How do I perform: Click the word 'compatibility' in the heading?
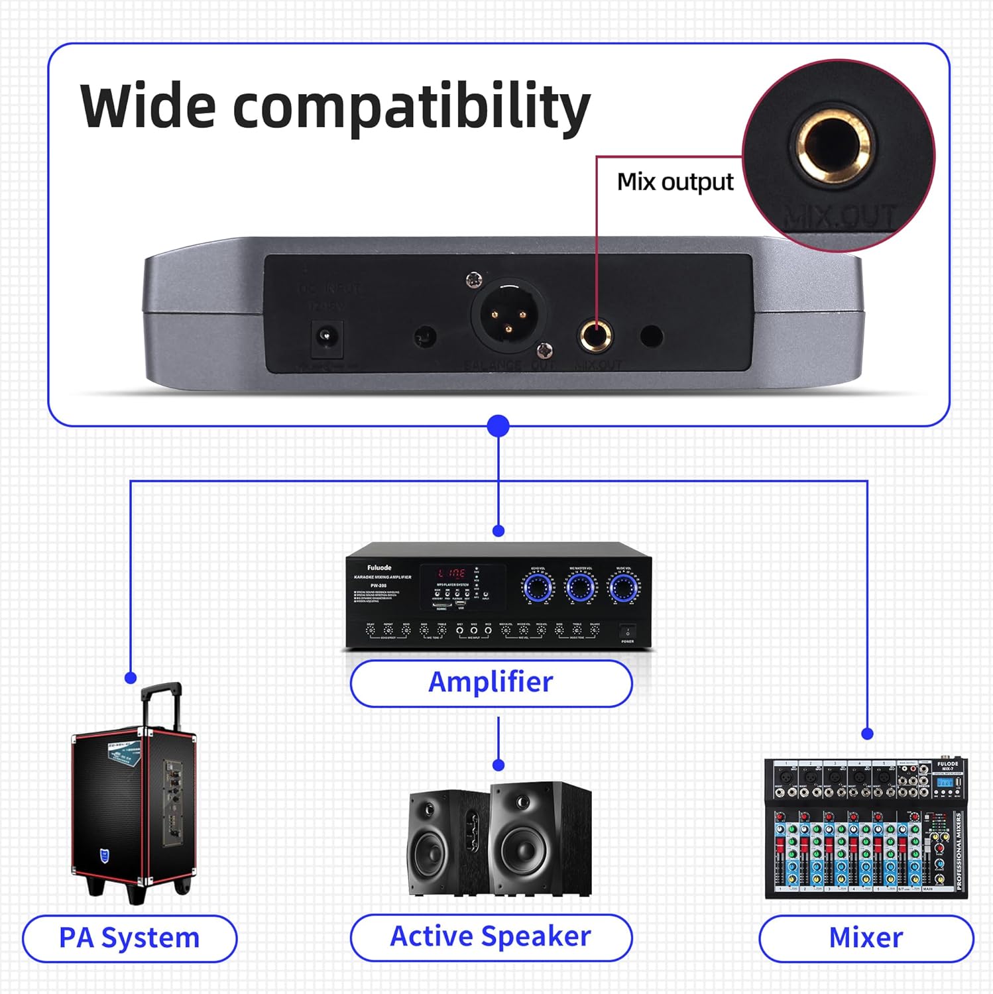(x=411, y=107)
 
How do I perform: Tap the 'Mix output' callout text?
(x=675, y=182)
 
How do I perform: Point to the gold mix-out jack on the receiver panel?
(x=596, y=335)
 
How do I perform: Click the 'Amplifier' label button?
(x=491, y=683)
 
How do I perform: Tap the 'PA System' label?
(x=129, y=938)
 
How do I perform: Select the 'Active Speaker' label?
(x=491, y=937)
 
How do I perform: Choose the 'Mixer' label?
(x=866, y=938)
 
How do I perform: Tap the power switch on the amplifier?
(x=627, y=632)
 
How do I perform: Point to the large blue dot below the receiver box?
(x=498, y=426)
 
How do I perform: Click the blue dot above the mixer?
(x=867, y=734)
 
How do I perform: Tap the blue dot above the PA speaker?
(x=131, y=678)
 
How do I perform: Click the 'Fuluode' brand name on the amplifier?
(x=379, y=568)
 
